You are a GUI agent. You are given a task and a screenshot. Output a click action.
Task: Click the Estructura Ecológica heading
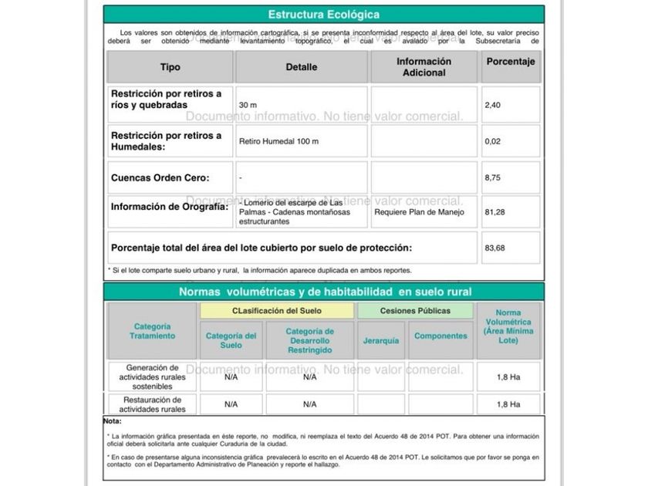click(323, 15)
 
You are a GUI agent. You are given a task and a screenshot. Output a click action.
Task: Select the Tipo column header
click(170, 67)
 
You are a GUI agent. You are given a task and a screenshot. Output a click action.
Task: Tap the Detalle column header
click(302, 67)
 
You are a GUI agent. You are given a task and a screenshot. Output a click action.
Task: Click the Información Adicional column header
click(424, 67)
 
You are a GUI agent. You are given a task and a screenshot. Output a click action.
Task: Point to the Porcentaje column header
click(511, 62)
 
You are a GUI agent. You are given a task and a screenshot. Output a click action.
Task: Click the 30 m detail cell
click(248, 105)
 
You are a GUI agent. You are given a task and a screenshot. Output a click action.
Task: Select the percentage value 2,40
click(494, 105)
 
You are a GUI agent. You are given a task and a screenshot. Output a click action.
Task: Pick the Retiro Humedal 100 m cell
click(278, 142)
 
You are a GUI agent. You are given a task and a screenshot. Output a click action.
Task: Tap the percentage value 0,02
click(494, 142)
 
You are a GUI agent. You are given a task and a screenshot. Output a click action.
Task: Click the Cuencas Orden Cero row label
click(160, 178)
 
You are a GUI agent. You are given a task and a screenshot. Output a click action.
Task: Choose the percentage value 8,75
click(494, 178)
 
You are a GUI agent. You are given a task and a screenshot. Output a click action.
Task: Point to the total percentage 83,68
click(496, 248)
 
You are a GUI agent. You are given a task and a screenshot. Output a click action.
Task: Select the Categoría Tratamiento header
click(154, 331)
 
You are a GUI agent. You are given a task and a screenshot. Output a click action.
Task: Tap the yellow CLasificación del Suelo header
click(277, 311)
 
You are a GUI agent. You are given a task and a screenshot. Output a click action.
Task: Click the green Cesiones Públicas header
click(415, 311)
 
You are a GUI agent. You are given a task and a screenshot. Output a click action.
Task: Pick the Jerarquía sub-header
click(381, 340)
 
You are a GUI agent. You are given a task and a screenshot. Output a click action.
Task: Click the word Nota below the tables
click(113, 421)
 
